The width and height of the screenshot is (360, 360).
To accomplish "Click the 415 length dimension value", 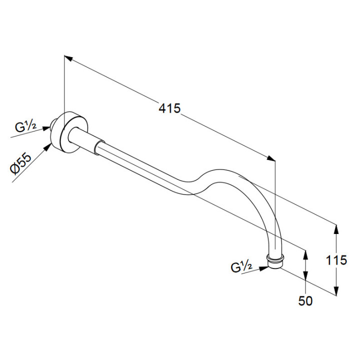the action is pos(169,108).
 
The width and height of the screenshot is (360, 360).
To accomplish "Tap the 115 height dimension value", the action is pos(336,260).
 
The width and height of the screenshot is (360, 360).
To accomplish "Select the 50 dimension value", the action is pos(305,301).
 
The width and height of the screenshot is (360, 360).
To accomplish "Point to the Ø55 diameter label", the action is pos(20,163).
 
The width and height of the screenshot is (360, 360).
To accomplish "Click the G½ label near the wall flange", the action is pos(25,127).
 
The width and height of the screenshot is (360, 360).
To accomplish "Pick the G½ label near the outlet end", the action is pos(241,267).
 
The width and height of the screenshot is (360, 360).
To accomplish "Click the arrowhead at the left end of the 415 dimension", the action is pos(68,58).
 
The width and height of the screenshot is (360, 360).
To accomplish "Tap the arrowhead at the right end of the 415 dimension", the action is pos(270,158).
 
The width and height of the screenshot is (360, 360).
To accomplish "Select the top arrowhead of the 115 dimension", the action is pos(336,229).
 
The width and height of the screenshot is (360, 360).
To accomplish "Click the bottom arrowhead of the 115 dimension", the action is pos(336,291).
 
